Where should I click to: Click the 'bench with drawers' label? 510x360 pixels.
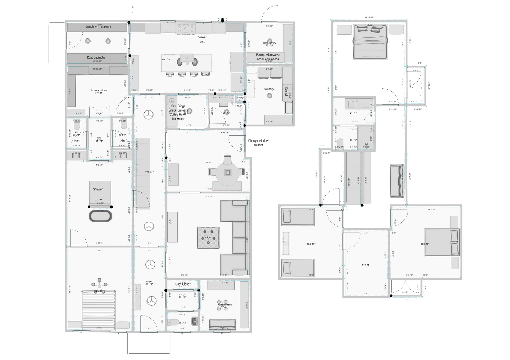[x=98, y=26]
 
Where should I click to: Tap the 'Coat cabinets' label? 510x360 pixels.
[x=96, y=58]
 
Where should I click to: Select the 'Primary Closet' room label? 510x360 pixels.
[x=99, y=90]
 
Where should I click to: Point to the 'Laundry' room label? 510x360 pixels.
[x=269, y=89]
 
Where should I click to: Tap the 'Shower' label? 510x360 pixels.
[x=98, y=189]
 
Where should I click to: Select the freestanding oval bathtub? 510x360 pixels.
[x=101, y=216]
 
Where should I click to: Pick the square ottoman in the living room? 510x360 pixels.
[x=208, y=238]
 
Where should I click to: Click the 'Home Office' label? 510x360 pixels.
[x=225, y=305]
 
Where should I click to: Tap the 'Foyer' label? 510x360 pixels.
[x=150, y=282]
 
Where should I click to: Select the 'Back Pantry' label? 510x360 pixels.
[x=269, y=43]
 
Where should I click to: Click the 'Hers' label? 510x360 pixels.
[x=77, y=141]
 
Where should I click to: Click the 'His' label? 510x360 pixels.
[x=122, y=141]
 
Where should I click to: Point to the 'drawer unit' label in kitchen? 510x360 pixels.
[x=202, y=39]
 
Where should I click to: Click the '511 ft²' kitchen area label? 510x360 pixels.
[x=166, y=59]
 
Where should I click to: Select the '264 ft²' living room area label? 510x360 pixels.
[x=208, y=238]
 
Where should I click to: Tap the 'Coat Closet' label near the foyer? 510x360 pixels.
[x=183, y=284]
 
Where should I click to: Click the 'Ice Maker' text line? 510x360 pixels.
[x=178, y=119]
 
